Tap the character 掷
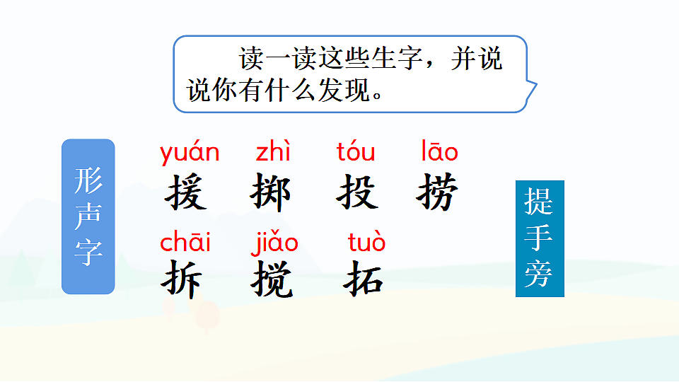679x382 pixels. click(270, 192)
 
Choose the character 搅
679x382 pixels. click(272, 280)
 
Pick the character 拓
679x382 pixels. click(364, 279)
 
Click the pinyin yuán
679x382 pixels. click(190, 152)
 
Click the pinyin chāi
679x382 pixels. click(185, 242)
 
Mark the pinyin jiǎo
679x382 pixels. click(274, 243)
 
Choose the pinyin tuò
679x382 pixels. click(367, 242)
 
